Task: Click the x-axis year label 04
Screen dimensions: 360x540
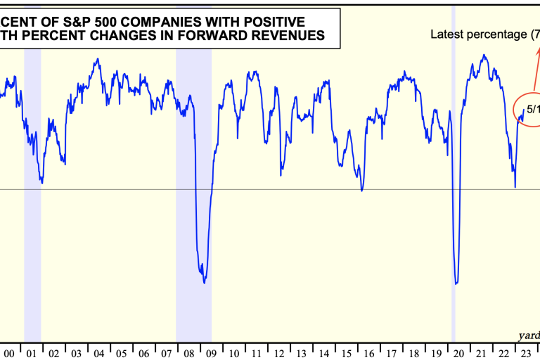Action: coord(99,352)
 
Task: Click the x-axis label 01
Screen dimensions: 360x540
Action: coord(32,352)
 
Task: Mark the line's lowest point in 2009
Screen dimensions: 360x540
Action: coord(205,283)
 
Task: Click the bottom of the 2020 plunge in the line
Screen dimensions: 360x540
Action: coord(456,284)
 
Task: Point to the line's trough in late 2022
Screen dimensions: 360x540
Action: coord(515,187)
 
